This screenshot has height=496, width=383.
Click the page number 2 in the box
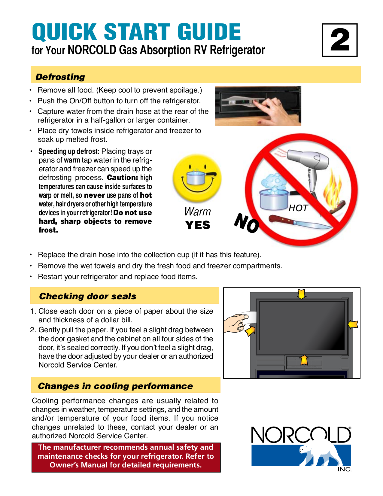tap(340, 40)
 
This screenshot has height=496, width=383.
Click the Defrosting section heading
tap(60, 77)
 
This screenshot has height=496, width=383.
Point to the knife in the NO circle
tap(296, 222)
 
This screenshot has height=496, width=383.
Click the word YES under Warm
tap(198, 225)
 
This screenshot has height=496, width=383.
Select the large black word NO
tap(246, 223)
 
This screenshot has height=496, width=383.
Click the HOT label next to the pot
tap(298, 208)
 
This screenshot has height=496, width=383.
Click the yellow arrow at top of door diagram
tap(301, 294)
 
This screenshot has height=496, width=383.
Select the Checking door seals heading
tap(88, 296)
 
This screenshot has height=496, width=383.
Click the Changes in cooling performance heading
tap(115, 386)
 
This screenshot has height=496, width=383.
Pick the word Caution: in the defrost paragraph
tap(122, 178)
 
